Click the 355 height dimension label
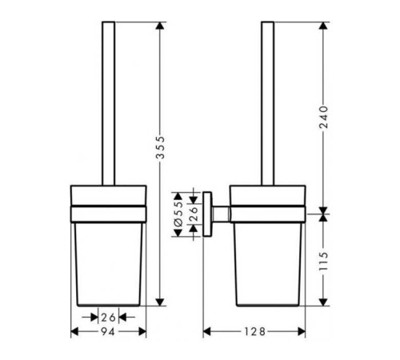click(x=160, y=147)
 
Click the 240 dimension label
click(x=323, y=117)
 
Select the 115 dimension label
click(x=323, y=261)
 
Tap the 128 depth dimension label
click(x=255, y=332)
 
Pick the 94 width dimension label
click(x=108, y=332)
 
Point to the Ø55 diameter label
click(x=178, y=214)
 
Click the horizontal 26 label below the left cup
click(x=108, y=318)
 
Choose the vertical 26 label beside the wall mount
click(x=194, y=214)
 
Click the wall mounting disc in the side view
click(x=207, y=214)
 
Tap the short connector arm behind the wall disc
click(x=221, y=214)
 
